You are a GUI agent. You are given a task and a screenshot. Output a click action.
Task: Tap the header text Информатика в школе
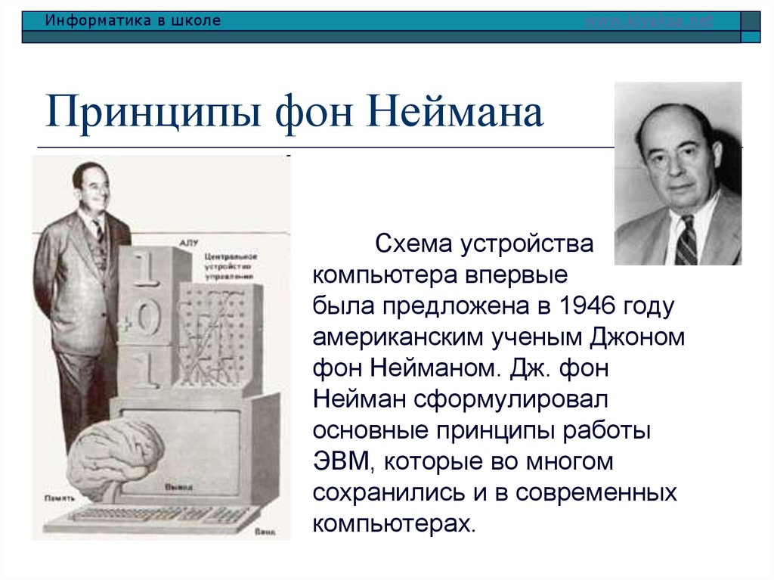(x=133, y=20)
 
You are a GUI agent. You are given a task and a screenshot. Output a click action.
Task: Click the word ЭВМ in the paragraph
(x=340, y=461)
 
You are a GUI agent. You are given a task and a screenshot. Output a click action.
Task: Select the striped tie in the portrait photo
(x=686, y=240)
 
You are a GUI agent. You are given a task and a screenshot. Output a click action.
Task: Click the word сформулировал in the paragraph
(x=497, y=399)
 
